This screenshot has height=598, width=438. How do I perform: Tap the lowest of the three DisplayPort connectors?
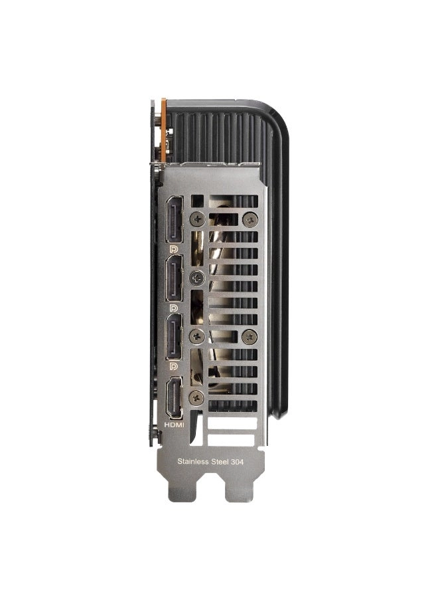(175, 337)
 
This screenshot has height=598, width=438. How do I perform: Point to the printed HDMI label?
(174, 424)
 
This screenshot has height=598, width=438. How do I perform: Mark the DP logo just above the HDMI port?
(174, 366)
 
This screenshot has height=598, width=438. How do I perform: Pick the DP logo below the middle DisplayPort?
(174, 308)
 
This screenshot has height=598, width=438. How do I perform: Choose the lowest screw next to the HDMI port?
(196, 397)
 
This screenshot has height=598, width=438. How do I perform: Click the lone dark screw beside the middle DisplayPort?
(196, 277)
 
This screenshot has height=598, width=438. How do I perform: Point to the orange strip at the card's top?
(163, 130)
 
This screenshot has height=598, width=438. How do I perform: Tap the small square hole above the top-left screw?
(197, 199)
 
